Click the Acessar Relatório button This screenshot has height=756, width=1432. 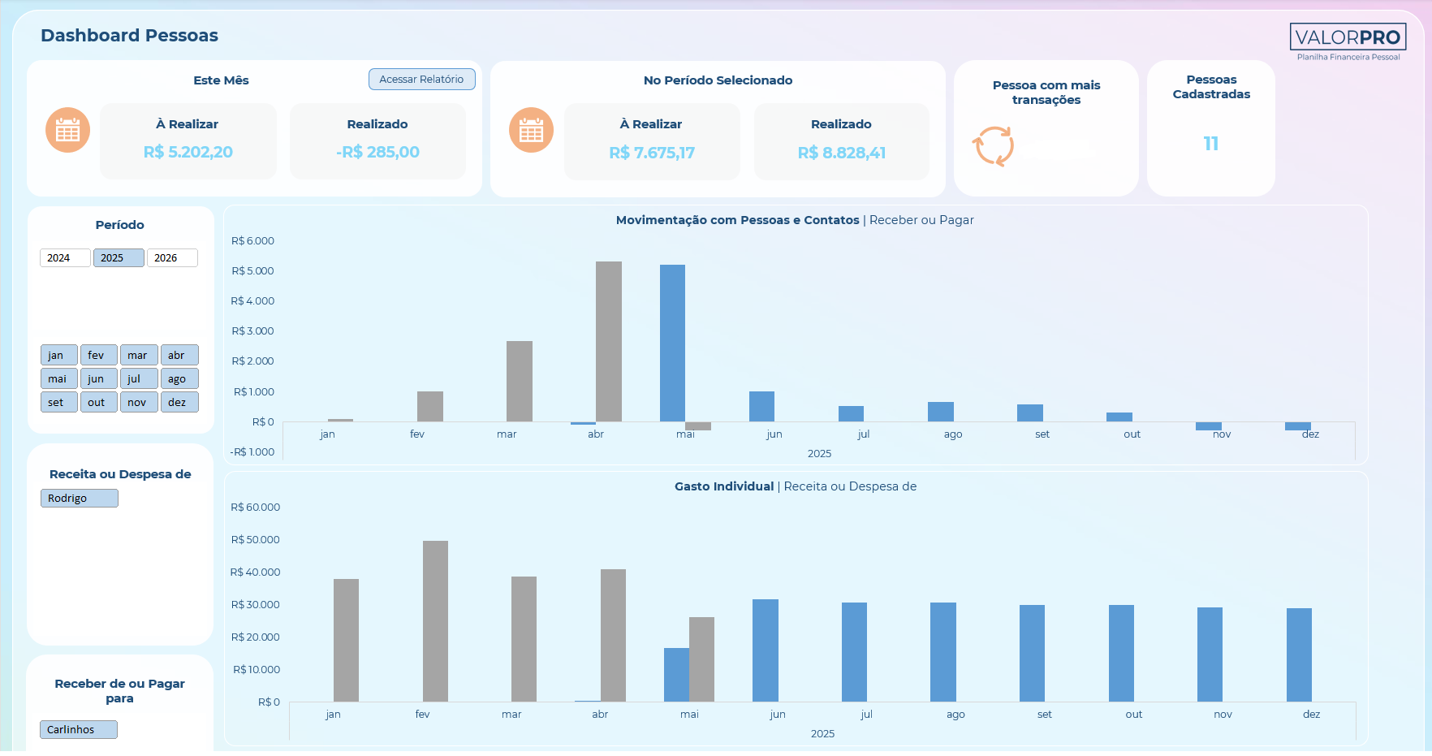(421, 79)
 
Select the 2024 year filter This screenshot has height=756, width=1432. (65, 257)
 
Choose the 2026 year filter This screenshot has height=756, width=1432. (172, 257)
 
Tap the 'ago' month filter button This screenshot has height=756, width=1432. (179, 378)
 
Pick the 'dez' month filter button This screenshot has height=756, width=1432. (179, 402)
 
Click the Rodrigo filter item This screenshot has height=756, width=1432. (80, 498)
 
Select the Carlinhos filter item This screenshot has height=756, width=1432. (79, 729)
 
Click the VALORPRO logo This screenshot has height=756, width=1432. (1348, 37)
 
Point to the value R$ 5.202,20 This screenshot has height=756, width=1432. (188, 152)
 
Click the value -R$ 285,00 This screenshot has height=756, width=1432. (377, 152)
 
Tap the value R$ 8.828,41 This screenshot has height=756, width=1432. (842, 153)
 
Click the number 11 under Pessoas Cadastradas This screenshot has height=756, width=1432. (1211, 144)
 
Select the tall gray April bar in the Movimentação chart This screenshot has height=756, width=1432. (609, 341)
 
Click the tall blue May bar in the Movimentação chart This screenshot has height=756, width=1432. (672, 343)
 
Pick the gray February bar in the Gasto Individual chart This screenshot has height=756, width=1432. (435, 621)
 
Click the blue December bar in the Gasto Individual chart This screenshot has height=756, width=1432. (1299, 654)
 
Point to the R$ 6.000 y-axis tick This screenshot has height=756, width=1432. (252, 241)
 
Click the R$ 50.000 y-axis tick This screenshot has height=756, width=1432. (255, 540)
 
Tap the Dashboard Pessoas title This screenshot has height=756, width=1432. (129, 36)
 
